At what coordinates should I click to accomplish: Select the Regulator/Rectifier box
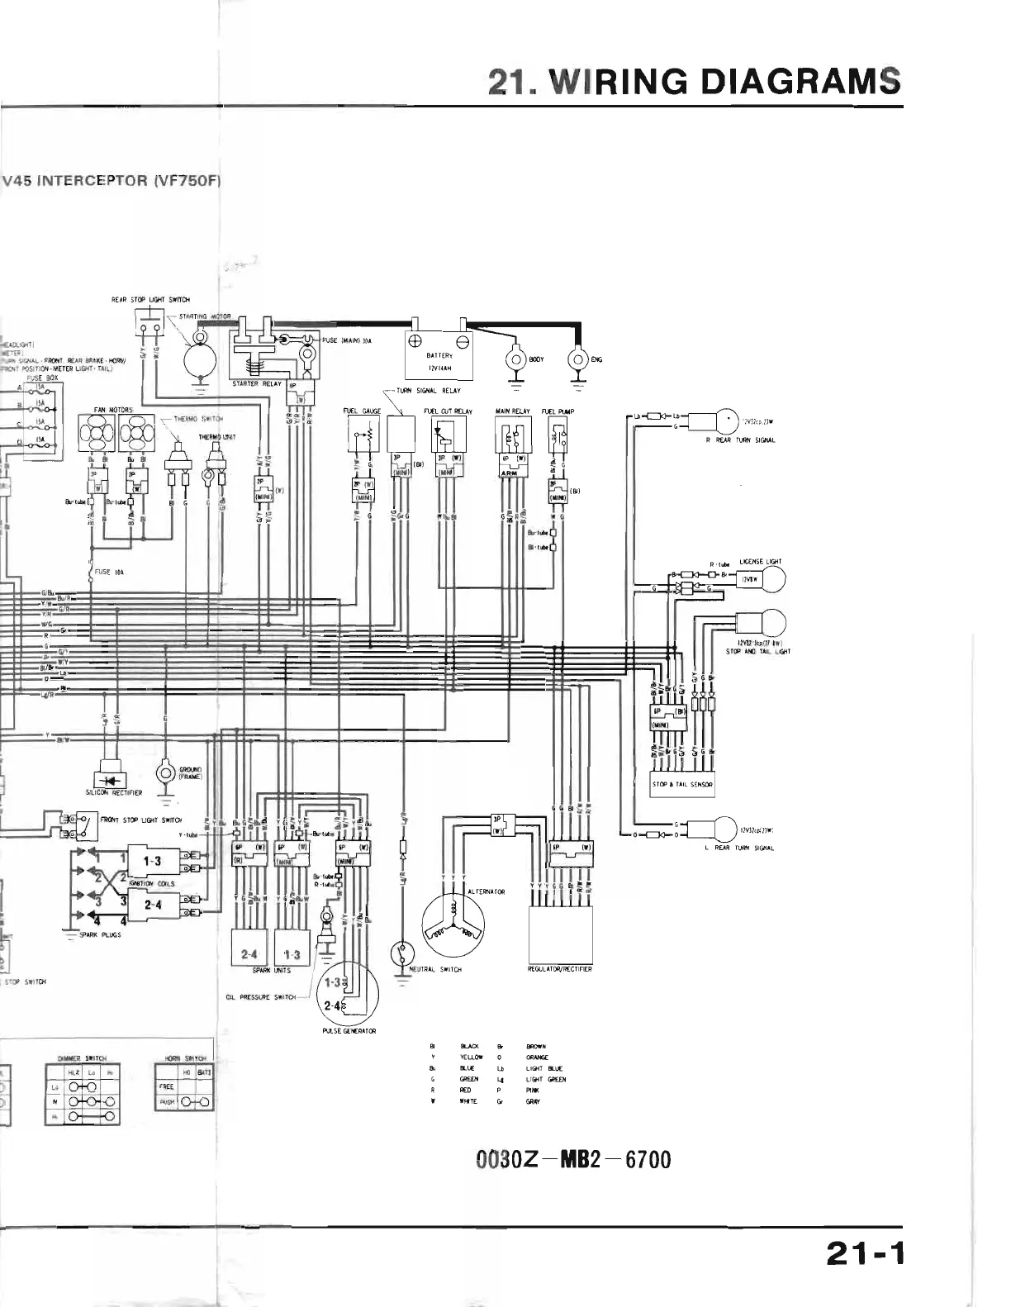561,934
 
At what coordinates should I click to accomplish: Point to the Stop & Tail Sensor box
682,784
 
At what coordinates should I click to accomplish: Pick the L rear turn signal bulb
724,829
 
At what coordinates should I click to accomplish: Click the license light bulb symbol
774,579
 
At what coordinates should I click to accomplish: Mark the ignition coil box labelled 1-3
152,862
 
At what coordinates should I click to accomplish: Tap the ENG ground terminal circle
577,360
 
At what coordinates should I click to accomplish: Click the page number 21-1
865,1255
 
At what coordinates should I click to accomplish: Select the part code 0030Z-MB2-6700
573,1159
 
